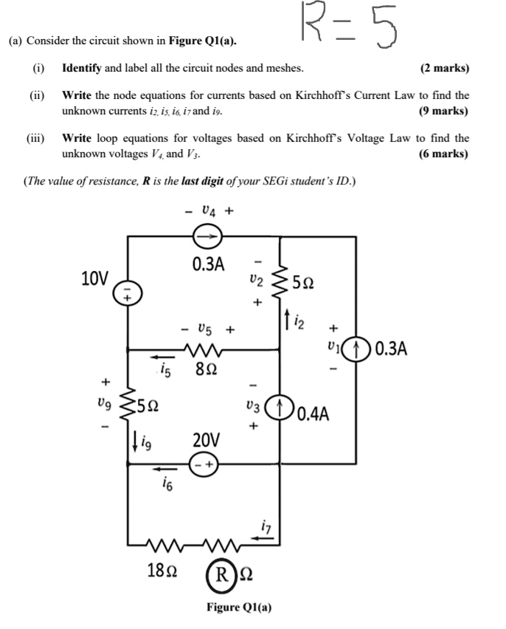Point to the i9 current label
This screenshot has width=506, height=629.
[144, 442]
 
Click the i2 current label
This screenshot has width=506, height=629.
[293, 320]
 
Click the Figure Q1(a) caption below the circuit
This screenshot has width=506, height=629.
[238, 608]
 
